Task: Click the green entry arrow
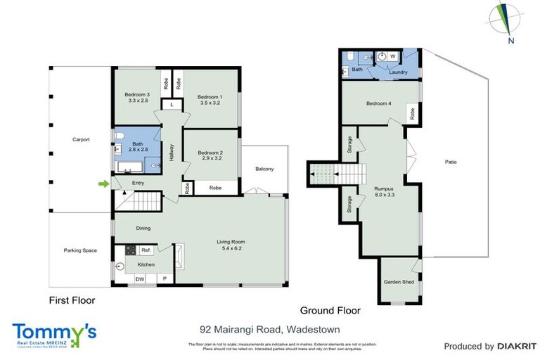(104, 184)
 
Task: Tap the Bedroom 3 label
(137, 94)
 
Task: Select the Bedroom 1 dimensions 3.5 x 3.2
(210, 103)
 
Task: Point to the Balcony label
(264, 169)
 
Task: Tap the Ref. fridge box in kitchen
(146, 250)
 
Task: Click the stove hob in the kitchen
(130, 250)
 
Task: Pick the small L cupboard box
(172, 105)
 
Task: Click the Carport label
(81, 140)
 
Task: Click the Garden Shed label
(397, 282)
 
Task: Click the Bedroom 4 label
(378, 104)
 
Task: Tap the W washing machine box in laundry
(393, 56)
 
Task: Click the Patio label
(451, 162)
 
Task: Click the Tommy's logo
(54, 333)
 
